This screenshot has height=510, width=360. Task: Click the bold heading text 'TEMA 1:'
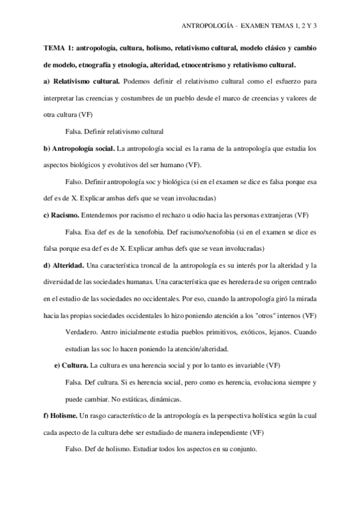coord(58,48)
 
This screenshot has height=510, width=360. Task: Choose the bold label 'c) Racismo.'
coord(61,215)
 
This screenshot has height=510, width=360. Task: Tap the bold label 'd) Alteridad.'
coord(64,265)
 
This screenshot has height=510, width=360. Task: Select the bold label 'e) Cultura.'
coord(72,365)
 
